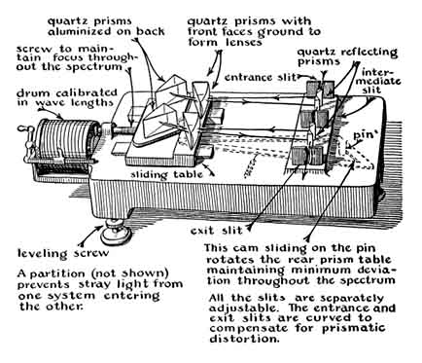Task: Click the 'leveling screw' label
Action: pyautogui.click(x=63, y=253)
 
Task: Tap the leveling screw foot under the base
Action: pyautogui.click(x=115, y=232)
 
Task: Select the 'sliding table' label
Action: pyautogui.click(x=166, y=174)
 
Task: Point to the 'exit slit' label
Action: pyautogui.click(x=216, y=231)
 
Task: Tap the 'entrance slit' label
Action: pyautogui.click(x=261, y=78)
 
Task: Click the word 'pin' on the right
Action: pyautogui.click(x=362, y=135)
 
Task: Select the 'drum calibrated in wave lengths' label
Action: pyautogui.click(x=66, y=97)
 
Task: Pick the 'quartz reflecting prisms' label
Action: pyautogui.click(x=347, y=56)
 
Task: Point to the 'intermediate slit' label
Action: pyautogui.click(x=380, y=81)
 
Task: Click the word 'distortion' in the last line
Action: pyautogui.click(x=244, y=339)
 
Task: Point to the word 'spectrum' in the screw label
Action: pyautogui.click(x=99, y=67)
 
